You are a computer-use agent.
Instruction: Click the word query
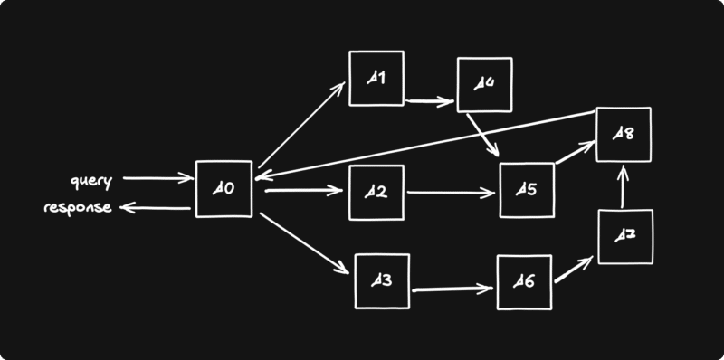[91, 181]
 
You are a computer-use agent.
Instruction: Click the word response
[78, 208]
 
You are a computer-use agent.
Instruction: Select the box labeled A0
[224, 190]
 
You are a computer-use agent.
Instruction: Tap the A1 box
[377, 79]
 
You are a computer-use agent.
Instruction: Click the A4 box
[484, 84]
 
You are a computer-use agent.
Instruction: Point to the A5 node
[526, 191]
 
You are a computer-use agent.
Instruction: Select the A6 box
[525, 283]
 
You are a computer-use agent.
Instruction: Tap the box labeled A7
[624, 236]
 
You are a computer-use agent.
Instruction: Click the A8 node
[623, 135]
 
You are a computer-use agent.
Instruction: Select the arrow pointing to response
[155, 208]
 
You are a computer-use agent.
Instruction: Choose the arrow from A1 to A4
[430, 100]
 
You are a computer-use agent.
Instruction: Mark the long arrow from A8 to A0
[425, 146]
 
